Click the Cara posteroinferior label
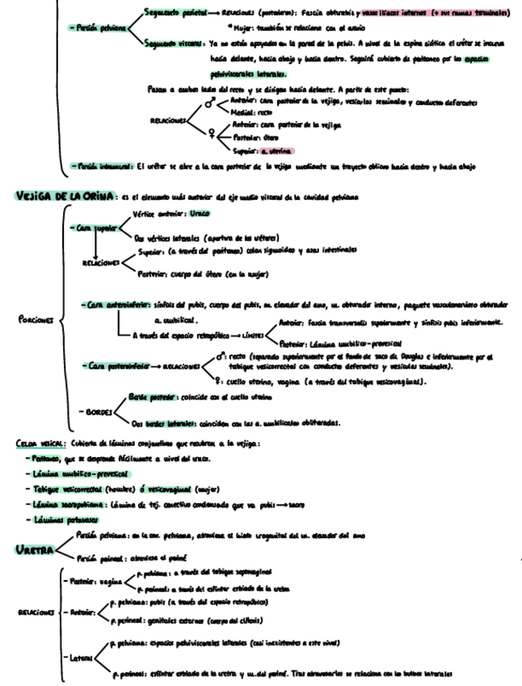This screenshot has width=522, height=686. click(x=116, y=366)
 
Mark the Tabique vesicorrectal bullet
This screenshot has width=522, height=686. click(x=72, y=489)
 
